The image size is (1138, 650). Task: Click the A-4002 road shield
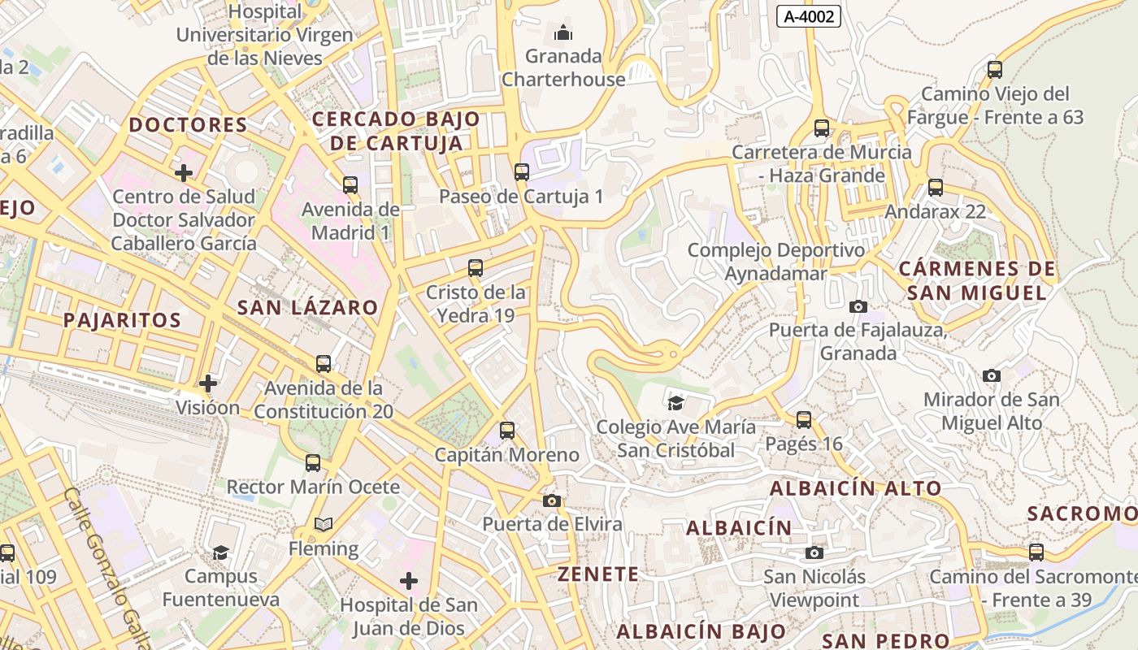click(808, 15)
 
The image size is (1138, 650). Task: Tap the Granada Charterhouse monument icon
click(562, 33)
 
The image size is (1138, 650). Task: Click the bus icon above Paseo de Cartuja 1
click(522, 172)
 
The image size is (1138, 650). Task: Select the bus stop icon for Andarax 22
click(936, 188)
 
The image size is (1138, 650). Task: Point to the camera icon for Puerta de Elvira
click(552, 500)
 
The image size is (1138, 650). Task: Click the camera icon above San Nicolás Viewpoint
click(814, 553)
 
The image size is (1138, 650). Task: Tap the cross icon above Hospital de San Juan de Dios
click(409, 581)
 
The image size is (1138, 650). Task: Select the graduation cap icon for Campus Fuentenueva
click(220, 552)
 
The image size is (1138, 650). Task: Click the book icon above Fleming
click(324, 525)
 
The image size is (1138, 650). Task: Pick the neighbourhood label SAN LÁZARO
click(307, 307)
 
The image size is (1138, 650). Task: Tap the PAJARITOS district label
click(122, 319)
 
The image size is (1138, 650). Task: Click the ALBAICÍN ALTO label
click(855, 488)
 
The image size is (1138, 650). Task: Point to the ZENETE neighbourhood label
click(597, 574)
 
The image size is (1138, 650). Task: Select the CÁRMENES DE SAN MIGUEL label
click(977, 280)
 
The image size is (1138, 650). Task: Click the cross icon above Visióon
click(208, 383)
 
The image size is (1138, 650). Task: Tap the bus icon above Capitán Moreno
click(507, 431)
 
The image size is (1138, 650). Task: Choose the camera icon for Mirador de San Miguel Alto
click(992, 375)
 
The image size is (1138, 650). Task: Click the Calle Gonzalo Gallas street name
click(109, 569)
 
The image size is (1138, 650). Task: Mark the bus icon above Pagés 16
click(804, 420)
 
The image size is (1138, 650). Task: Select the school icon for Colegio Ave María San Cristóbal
click(675, 403)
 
